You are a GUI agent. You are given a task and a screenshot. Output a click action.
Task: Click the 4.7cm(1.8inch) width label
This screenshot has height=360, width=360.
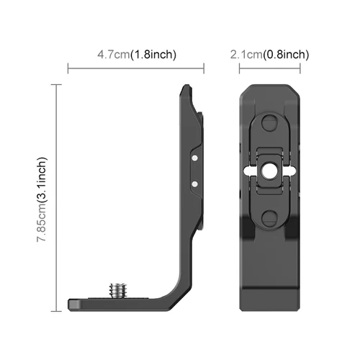[x=137, y=55]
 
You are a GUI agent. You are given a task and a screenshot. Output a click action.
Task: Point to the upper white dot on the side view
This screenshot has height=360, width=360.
[x=196, y=155]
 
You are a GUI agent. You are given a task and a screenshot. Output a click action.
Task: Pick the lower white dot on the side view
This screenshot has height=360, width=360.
[x=196, y=184]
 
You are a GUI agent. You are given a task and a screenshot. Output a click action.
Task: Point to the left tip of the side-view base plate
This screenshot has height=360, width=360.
[x=70, y=303]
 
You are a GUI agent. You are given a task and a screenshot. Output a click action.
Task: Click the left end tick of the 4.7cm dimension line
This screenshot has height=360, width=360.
[x=68, y=69]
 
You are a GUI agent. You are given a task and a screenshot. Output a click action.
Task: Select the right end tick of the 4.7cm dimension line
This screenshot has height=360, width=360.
[x=205, y=69]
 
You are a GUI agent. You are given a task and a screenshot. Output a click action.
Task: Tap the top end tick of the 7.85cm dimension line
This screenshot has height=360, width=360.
[x=55, y=84]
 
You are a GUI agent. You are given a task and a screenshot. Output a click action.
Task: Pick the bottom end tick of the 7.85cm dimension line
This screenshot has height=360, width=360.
[x=55, y=310]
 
